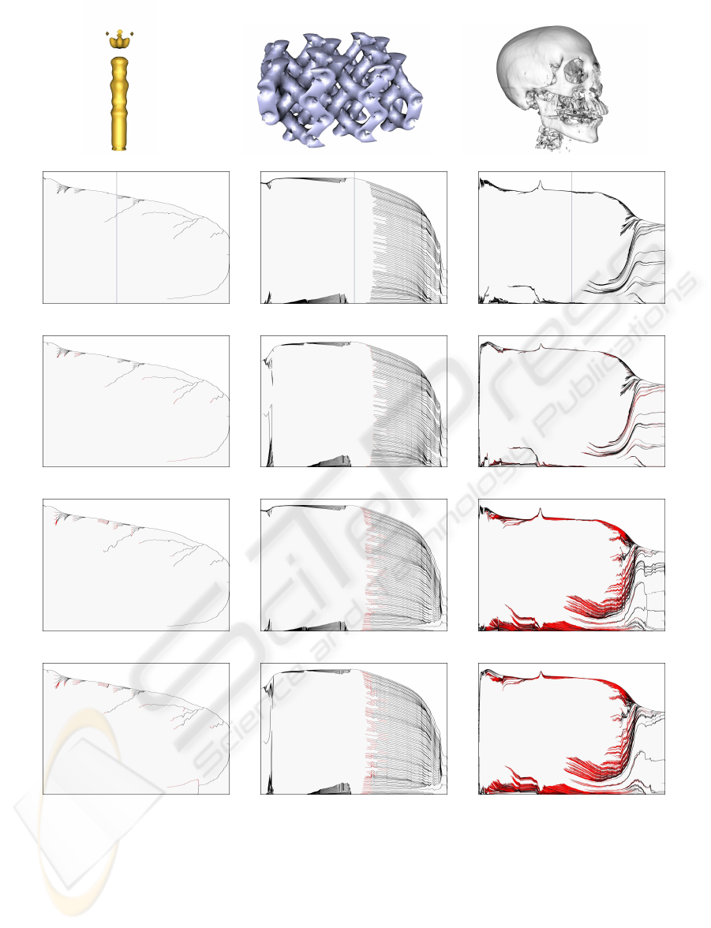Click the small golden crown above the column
pos(120,39)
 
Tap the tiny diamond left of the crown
pos(107,34)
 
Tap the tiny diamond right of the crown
pos(133,34)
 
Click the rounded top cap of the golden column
pos(120,61)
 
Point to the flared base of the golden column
pos(120,145)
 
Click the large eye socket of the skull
pos(574,73)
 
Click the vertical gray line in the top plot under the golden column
pos(117,238)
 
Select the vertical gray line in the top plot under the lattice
pos(354,238)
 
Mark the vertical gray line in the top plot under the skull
pos(571,238)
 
